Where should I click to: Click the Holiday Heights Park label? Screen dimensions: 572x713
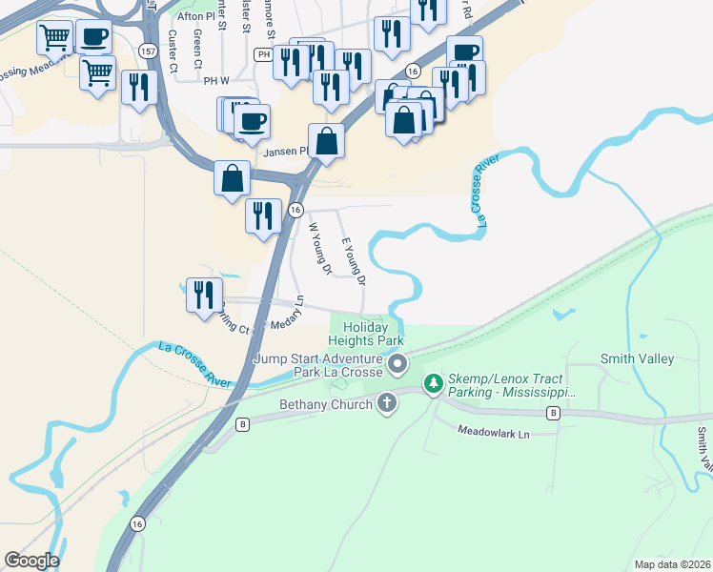(x=366, y=333)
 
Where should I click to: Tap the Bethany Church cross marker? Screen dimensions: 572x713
(x=387, y=402)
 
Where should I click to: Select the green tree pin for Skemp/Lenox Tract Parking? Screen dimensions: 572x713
(x=434, y=383)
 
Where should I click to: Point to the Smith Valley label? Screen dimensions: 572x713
(x=637, y=358)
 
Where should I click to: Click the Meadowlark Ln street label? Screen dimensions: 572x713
(x=494, y=433)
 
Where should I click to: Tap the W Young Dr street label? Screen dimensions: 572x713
(x=318, y=249)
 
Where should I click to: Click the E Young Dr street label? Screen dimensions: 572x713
(x=354, y=261)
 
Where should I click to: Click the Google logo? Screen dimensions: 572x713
(x=31, y=561)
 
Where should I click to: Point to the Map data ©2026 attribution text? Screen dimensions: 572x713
(x=671, y=564)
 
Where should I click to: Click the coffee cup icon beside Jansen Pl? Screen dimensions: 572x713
(x=253, y=121)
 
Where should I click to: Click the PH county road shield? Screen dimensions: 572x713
(x=263, y=55)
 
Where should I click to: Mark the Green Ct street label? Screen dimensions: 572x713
(x=197, y=45)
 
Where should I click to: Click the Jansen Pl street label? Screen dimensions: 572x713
(x=290, y=151)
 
